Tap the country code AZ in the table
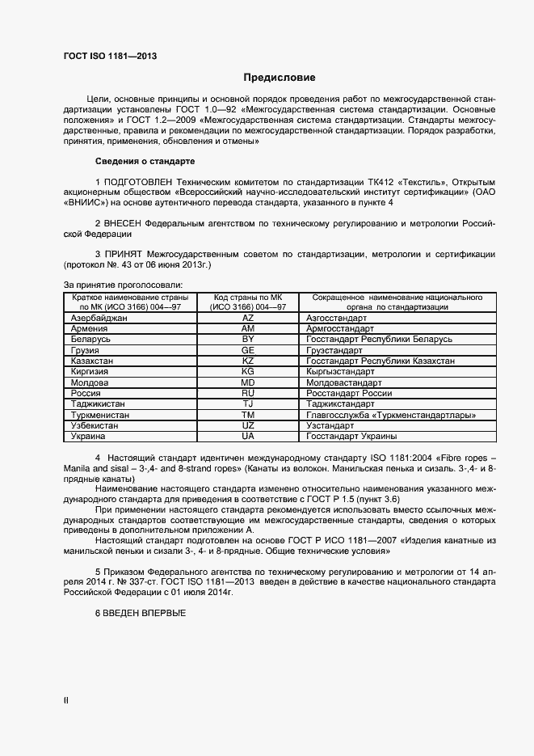(x=248, y=319)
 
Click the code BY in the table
(x=248, y=340)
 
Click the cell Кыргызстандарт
(x=342, y=371)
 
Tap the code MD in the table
(x=248, y=382)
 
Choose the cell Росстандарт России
(x=349, y=393)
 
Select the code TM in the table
(x=248, y=414)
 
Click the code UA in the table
(x=248, y=436)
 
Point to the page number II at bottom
(x=66, y=700)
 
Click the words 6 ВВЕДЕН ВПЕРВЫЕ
(x=141, y=613)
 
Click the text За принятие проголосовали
(x=123, y=285)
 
